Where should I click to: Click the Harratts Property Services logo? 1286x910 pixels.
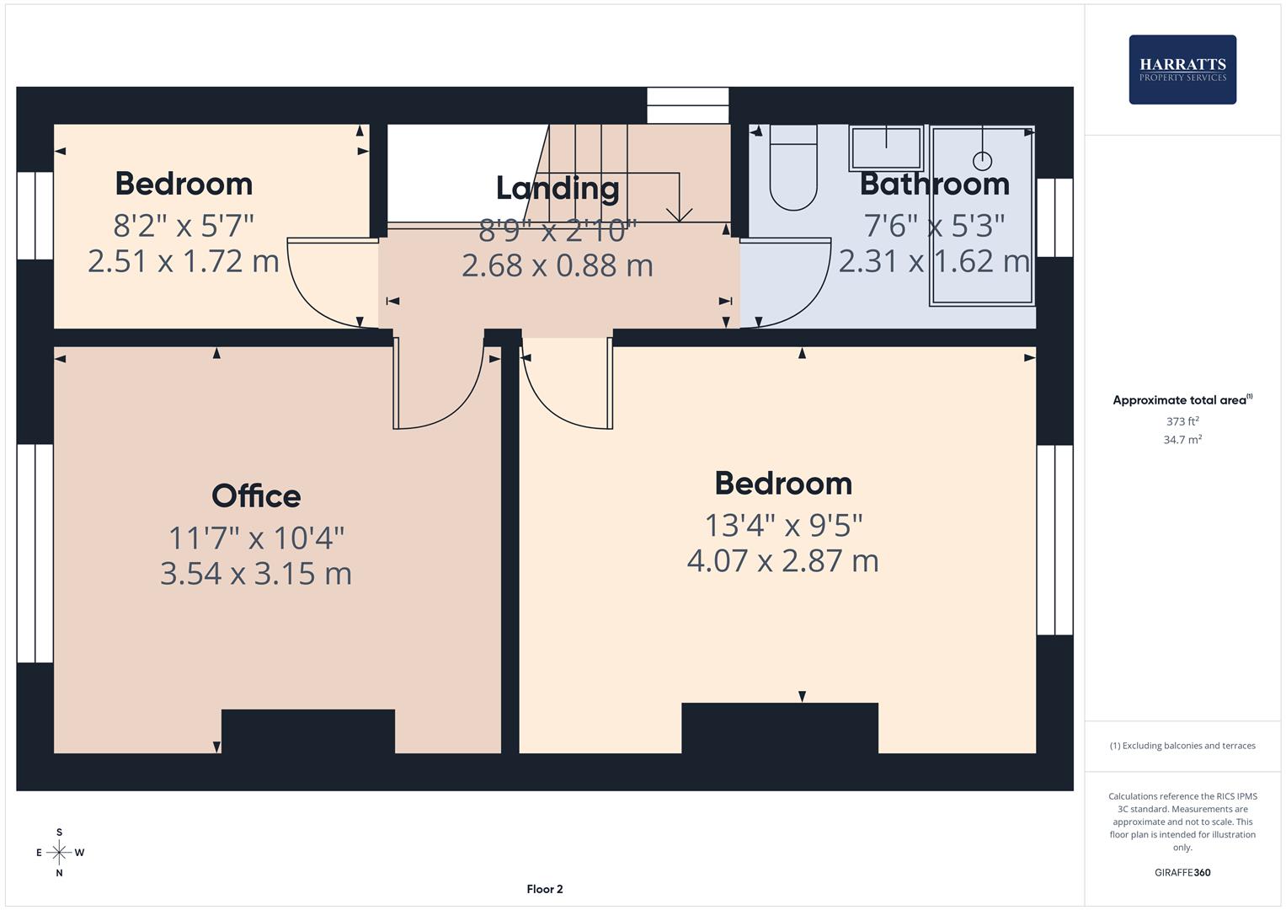coord(1182,70)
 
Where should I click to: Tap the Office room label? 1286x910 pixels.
coord(256,496)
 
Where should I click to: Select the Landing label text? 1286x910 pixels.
coord(557,188)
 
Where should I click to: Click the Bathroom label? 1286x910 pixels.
coord(934,184)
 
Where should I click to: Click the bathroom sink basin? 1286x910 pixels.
coord(886,148)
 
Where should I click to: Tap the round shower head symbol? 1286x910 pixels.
coord(982,160)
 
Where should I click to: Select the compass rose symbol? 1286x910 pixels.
coord(59,853)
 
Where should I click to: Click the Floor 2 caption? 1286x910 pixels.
coord(545,889)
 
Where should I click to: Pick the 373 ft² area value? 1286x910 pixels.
coord(1182,421)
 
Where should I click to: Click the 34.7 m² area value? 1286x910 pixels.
coord(1182,440)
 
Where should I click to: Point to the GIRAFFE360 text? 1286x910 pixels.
coord(1182,873)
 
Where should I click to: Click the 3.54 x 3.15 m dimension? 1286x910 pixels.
coord(256,574)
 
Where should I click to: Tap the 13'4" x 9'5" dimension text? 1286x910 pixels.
coord(783,526)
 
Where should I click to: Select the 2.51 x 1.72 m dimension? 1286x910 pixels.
coord(184,261)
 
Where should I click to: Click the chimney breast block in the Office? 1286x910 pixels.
coord(308,731)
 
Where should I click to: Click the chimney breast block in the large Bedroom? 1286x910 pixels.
coord(780,727)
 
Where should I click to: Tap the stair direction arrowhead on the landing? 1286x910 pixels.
coord(679,214)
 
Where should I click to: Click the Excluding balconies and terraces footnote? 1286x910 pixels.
coord(1182,746)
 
